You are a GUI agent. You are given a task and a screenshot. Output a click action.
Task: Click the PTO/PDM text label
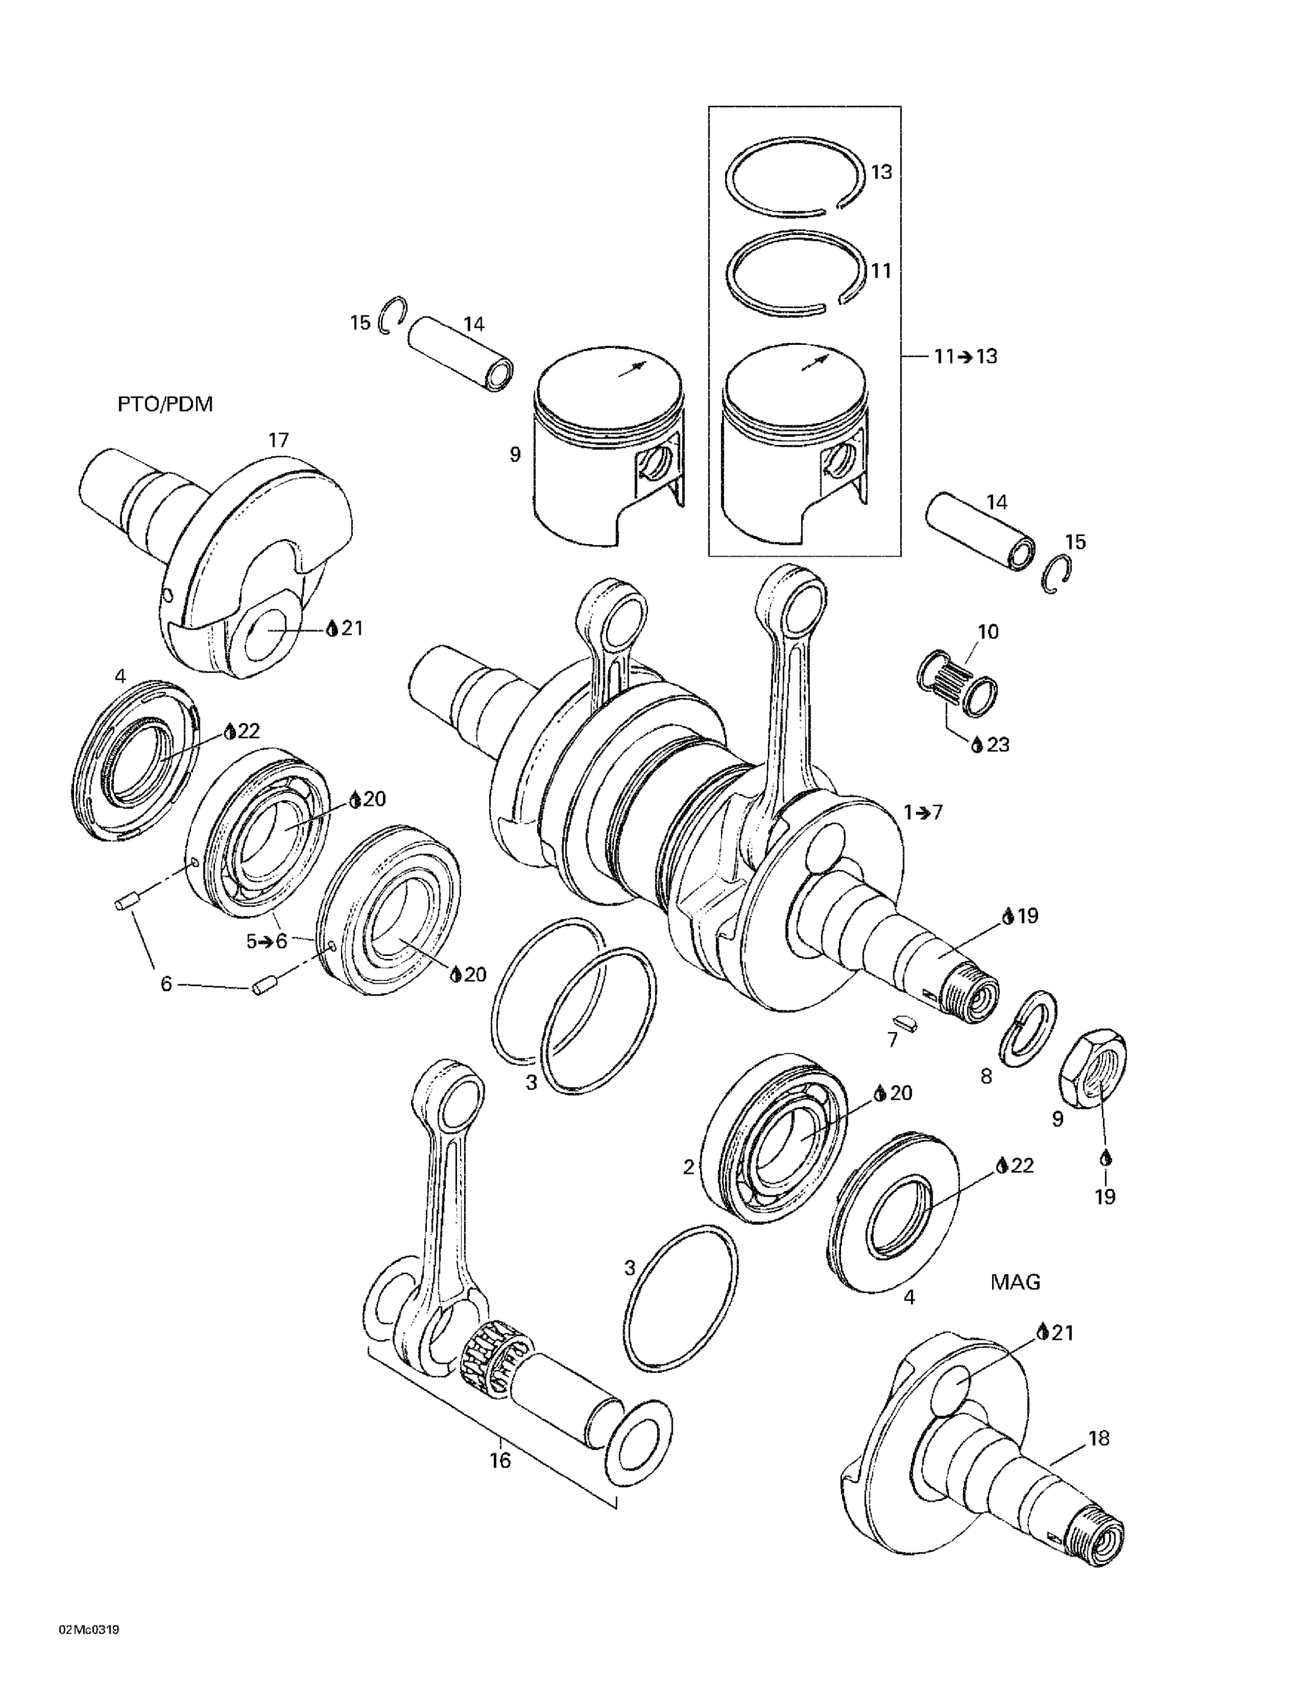(x=165, y=405)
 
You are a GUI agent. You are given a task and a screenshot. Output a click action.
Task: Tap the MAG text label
(x=1015, y=1282)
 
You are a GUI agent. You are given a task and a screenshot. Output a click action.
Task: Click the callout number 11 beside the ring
(x=881, y=271)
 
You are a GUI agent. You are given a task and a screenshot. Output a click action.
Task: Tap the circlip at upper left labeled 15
(x=392, y=315)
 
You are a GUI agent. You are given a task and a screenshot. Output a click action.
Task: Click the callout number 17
(x=278, y=440)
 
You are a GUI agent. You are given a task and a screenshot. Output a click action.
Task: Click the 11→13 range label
(x=965, y=357)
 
